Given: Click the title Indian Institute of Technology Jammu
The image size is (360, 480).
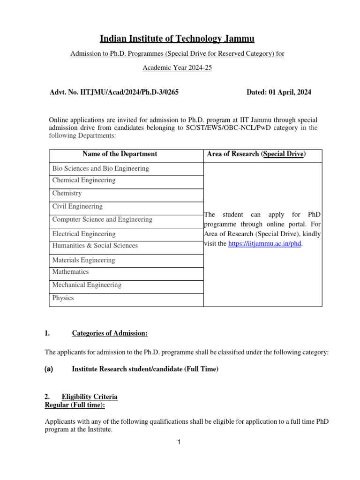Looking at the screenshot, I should [177, 38].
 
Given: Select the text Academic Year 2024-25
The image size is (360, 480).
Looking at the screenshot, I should [177, 67].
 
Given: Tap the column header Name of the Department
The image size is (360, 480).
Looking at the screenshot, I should [120, 154].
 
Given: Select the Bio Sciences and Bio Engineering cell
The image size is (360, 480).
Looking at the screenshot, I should [101, 168].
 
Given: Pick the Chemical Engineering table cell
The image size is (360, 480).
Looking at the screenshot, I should [84, 180].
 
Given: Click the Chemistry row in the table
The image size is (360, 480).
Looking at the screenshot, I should [67, 193].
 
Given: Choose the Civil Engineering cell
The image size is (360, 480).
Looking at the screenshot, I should [77, 206].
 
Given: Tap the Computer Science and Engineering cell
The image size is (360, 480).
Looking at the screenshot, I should [102, 219].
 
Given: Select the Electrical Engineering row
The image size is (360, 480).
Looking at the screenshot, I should [84, 234].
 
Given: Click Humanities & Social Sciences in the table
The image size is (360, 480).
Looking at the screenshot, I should [95, 246].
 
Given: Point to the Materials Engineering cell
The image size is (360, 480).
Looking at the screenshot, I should [83, 260].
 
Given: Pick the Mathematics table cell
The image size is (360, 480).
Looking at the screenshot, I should [70, 272].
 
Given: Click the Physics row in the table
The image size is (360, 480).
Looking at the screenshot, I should [63, 298].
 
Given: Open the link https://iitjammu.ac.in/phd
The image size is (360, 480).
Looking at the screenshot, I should [264, 244].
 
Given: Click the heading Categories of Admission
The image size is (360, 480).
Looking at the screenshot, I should [110, 333].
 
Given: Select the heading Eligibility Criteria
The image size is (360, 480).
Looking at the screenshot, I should [90, 397].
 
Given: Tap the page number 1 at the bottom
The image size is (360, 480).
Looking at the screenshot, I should [179, 442].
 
